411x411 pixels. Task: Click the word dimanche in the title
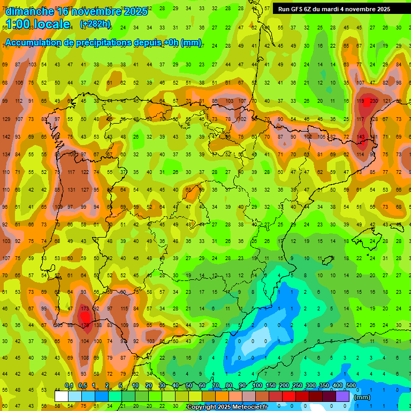[x=29, y=11]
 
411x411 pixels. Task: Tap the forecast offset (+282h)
[x=95, y=24]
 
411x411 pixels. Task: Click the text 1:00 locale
[x=38, y=24]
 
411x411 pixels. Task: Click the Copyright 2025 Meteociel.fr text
[x=227, y=407]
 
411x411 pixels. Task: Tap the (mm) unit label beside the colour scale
[x=362, y=397]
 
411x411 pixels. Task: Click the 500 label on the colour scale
[x=351, y=386]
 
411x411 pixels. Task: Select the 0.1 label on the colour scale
[x=69, y=386]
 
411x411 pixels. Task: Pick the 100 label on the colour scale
[x=257, y=386]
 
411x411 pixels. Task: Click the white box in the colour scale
[x=62, y=396]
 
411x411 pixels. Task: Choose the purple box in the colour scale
[x=343, y=396]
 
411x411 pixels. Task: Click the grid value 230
[x=373, y=101]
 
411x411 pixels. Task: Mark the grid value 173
[x=85, y=309]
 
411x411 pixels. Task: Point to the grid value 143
[x=361, y=137]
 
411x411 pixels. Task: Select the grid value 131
[x=71, y=189]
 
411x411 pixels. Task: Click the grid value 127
[x=85, y=189]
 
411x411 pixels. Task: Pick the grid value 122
[x=85, y=172]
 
